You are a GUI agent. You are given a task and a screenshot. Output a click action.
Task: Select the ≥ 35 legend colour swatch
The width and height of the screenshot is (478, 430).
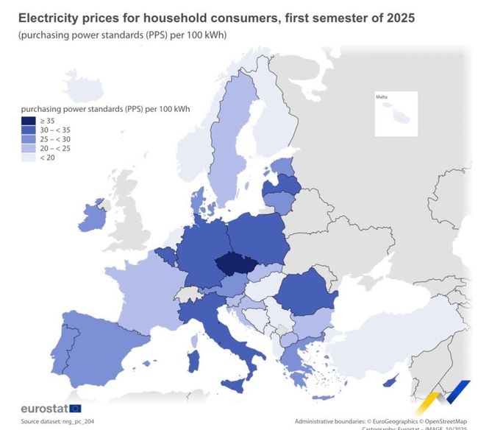[x=29, y=120]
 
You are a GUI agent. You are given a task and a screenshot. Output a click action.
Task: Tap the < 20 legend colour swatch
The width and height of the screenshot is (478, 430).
[x=29, y=157]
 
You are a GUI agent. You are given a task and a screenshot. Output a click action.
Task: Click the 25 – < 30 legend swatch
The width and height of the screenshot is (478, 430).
[x=29, y=138]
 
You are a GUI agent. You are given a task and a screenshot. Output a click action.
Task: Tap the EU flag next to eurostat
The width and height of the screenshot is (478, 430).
[x=76, y=408]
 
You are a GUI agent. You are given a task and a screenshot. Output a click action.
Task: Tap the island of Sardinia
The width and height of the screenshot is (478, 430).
[x=196, y=360]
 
